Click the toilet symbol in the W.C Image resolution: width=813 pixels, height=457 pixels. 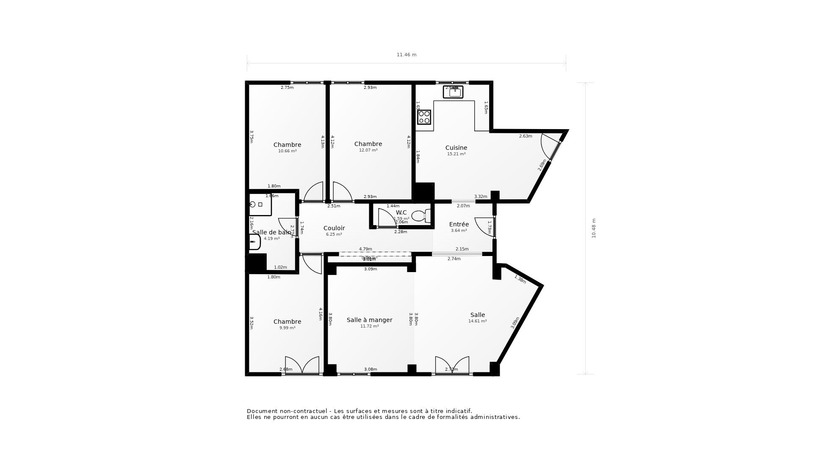[x=420, y=216]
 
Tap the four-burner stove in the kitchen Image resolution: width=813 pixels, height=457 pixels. [x=424, y=117]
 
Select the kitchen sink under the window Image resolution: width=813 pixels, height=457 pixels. [x=453, y=92]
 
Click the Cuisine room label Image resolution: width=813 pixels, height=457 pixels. [x=456, y=148]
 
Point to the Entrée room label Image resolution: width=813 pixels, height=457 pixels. [x=459, y=224]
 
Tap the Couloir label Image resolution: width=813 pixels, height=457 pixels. [x=334, y=228]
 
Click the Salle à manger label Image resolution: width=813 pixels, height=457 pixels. [x=369, y=320]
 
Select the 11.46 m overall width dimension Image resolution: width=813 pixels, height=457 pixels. [x=406, y=55]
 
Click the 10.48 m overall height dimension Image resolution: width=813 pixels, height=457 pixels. [x=594, y=228]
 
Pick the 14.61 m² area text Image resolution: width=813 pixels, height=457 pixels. [x=477, y=321]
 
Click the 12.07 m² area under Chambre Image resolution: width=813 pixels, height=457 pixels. [x=368, y=150]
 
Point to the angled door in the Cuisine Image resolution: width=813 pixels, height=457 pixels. [x=551, y=146]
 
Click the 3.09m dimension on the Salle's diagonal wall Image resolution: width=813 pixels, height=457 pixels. [x=515, y=323]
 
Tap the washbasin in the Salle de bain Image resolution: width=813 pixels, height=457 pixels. [x=254, y=242]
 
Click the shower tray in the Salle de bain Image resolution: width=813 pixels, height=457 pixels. [x=260, y=205]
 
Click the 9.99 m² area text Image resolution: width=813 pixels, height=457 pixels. [x=287, y=328]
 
